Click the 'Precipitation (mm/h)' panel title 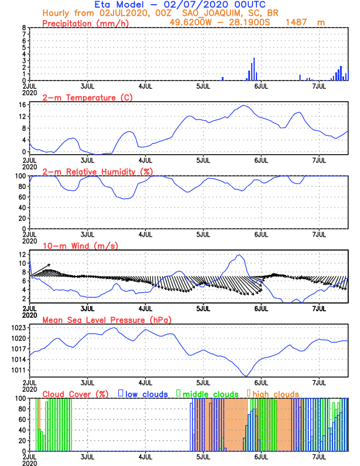point(85,23)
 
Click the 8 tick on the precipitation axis point(24,28)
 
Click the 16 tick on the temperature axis point(22,105)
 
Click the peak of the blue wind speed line point(239,255)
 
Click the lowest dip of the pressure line point(246,375)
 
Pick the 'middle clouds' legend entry point(210,394)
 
